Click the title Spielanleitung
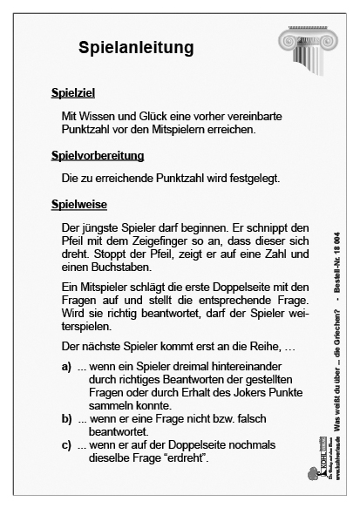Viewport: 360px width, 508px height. click(x=135, y=46)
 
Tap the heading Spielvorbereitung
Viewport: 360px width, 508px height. click(x=97, y=156)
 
